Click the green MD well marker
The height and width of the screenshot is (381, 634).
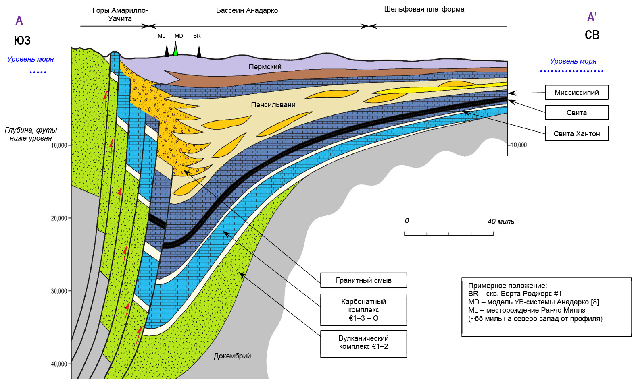point(176,49)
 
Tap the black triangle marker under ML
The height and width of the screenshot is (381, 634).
point(167,51)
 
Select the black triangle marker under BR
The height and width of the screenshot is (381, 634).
point(199,52)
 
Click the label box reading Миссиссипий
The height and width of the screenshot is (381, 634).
point(577,92)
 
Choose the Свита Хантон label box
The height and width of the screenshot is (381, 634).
point(577,133)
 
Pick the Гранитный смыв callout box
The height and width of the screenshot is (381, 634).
point(364,280)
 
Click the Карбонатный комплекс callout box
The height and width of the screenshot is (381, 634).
point(364,310)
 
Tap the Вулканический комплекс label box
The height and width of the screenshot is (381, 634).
point(364,344)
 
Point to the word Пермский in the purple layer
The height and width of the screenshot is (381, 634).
point(265,67)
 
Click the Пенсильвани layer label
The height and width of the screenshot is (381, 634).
point(273,105)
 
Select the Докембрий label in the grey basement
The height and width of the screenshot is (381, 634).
point(232,356)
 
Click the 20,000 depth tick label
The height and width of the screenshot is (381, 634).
point(59,218)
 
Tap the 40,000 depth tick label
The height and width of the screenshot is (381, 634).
point(59,364)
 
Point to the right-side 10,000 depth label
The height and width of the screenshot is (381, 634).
point(519,145)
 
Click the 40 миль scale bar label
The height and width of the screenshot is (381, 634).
point(501,221)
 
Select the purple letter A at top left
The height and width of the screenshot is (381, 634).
point(19,21)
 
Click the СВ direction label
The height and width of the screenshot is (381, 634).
point(592,35)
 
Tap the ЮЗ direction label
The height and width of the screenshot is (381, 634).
point(22,40)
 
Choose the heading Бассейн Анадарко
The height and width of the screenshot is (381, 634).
point(247,10)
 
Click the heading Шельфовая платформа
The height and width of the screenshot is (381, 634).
point(424,9)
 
